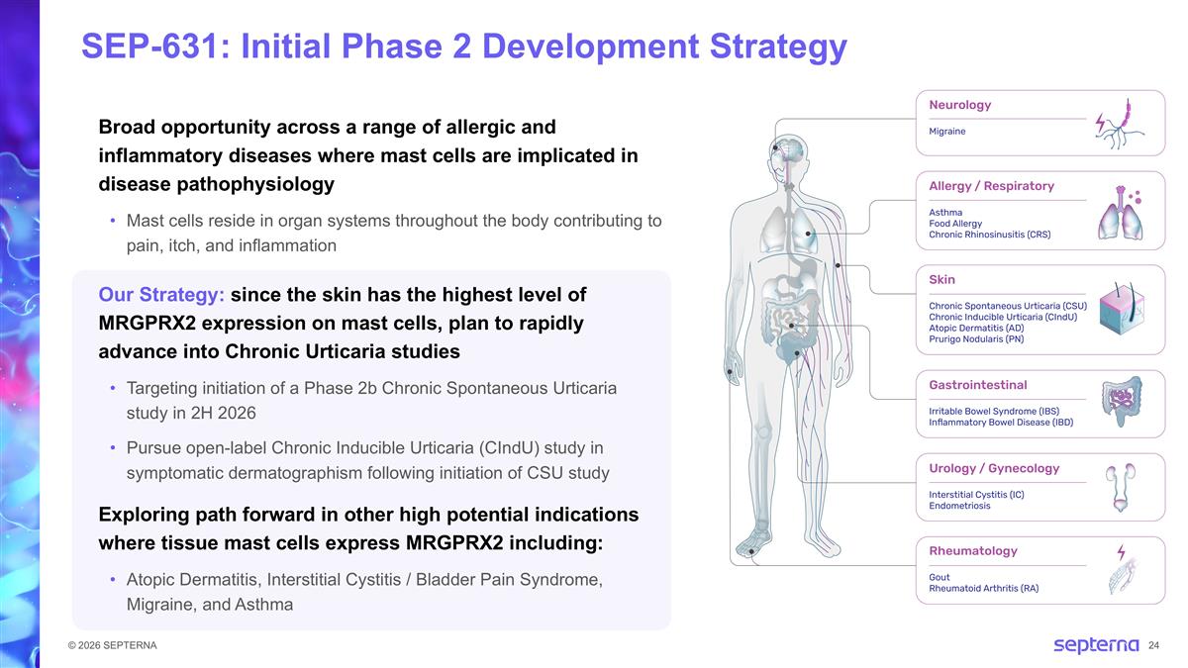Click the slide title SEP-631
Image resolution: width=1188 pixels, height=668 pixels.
click(463, 47)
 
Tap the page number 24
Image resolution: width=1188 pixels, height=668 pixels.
click(1153, 646)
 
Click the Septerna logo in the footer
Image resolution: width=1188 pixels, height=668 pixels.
click(1095, 646)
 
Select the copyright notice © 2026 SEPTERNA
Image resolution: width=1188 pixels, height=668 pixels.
click(106, 646)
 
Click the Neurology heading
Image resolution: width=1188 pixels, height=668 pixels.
click(959, 105)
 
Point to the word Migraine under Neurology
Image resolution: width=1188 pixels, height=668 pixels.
click(946, 131)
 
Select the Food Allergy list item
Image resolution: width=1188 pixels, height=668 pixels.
click(955, 224)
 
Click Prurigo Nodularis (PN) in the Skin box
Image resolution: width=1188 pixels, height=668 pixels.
click(976, 339)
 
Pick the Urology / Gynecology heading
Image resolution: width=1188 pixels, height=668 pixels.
click(994, 468)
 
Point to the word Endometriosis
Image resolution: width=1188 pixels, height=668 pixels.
click(959, 506)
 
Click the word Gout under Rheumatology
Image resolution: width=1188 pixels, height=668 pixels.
click(940, 577)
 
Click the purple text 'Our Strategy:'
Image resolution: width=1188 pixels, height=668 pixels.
click(161, 295)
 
